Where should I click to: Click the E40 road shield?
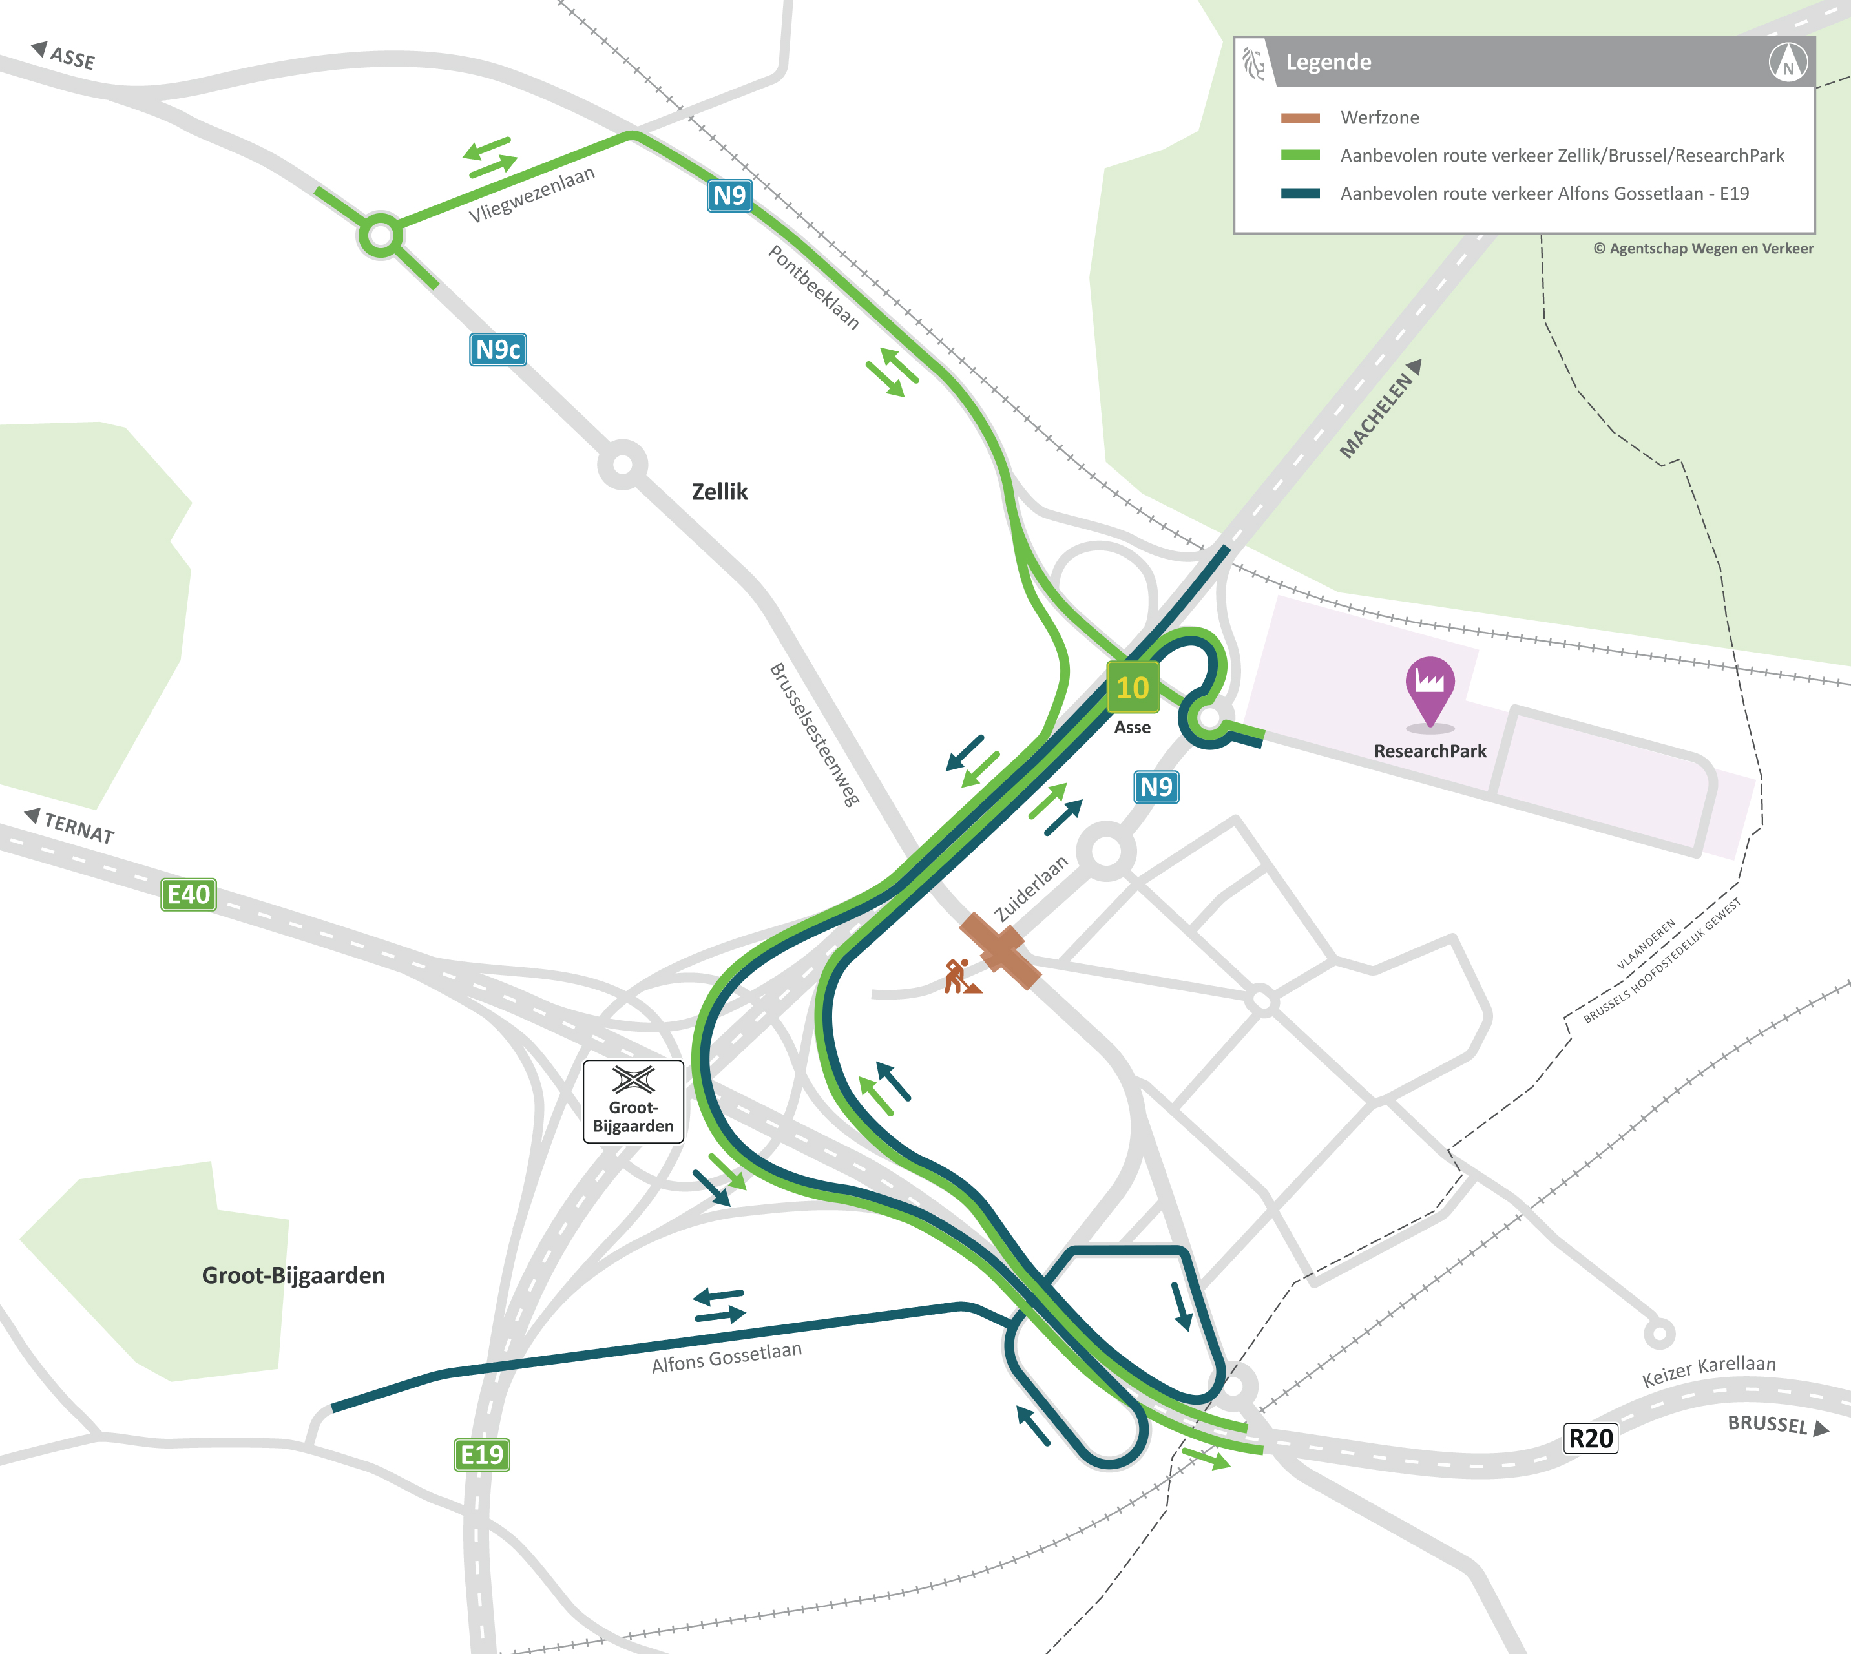(x=188, y=894)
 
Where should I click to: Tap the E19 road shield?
(x=481, y=1454)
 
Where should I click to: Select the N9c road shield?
(x=498, y=349)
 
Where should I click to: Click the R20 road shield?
(x=1590, y=1438)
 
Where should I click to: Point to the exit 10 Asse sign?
(x=1132, y=688)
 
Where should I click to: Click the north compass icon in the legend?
(x=1788, y=63)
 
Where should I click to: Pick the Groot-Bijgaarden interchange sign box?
(x=633, y=1100)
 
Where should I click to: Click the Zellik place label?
(x=720, y=492)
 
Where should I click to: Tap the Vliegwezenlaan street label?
(x=532, y=194)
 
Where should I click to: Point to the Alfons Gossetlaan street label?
(x=727, y=1357)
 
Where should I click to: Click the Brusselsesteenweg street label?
(x=814, y=735)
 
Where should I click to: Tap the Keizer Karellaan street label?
(x=1708, y=1370)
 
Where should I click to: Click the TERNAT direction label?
(x=78, y=828)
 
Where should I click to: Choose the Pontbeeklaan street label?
(x=814, y=286)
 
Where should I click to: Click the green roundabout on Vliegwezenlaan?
(x=381, y=236)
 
